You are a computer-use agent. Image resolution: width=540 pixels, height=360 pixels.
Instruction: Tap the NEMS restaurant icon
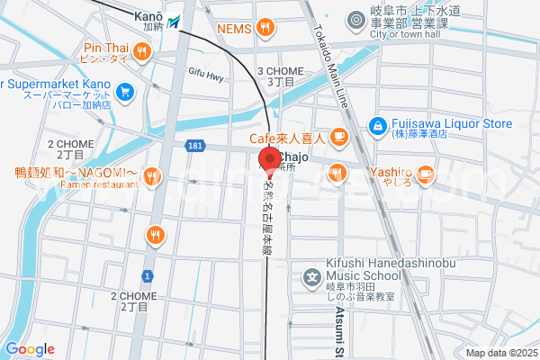(x=264, y=28)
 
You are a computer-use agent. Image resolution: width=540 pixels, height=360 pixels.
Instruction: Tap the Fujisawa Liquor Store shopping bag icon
(x=378, y=126)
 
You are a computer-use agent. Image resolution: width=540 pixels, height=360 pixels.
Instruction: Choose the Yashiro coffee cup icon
(x=425, y=172)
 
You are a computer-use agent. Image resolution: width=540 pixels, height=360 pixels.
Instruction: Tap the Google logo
(x=30, y=349)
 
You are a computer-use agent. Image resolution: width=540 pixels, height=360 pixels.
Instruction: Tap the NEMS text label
(x=233, y=28)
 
